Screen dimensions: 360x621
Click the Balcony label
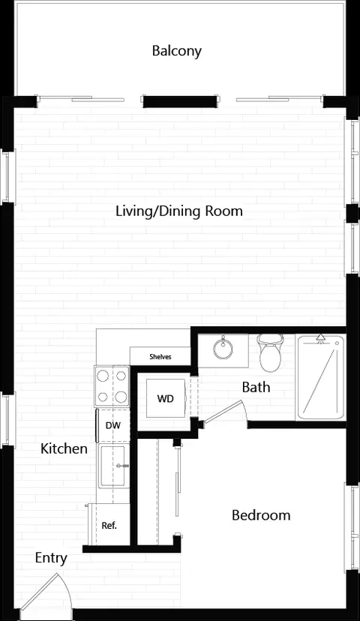coord(177,51)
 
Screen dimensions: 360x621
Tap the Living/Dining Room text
coord(179,211)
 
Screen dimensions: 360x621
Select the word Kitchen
coord(64,448)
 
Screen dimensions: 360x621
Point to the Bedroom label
coord(261,515)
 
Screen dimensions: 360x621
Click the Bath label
coord(256,387)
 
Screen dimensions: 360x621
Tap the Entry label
coord(51,558)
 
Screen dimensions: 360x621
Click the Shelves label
coord(160,357)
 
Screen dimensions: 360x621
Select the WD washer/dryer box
coord(166,398)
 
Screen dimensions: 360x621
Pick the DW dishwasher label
coord(112,426)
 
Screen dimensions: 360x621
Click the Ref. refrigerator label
coord(109,526)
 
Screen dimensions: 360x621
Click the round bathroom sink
coord(223,349)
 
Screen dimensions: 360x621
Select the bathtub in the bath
coord(320,377)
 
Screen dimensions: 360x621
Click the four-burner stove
coord(112,386)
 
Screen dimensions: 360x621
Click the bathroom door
coord(223,412)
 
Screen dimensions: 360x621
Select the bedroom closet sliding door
coord(178,489)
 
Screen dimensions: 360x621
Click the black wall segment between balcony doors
coord(180,101)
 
